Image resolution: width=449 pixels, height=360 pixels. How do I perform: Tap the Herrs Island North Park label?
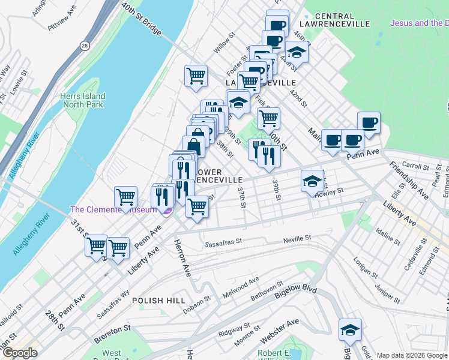[82, 100]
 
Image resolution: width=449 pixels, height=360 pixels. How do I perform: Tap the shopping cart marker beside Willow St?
[196, 76]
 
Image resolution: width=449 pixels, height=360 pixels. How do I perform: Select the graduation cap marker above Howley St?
[312, 181]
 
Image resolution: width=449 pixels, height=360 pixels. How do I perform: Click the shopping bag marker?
[193, 145]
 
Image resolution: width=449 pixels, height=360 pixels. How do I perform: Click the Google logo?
[20, 353]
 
